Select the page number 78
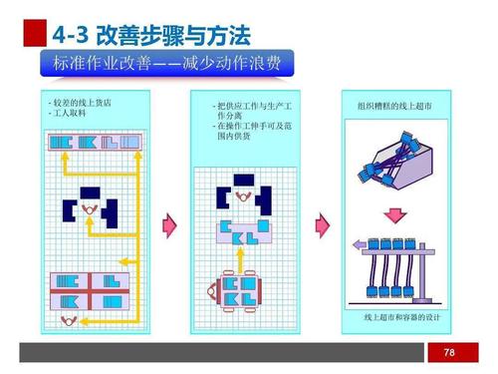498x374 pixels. (449, 352)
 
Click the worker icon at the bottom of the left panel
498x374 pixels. (69, 319)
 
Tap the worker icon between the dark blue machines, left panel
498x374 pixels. (91, 209)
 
